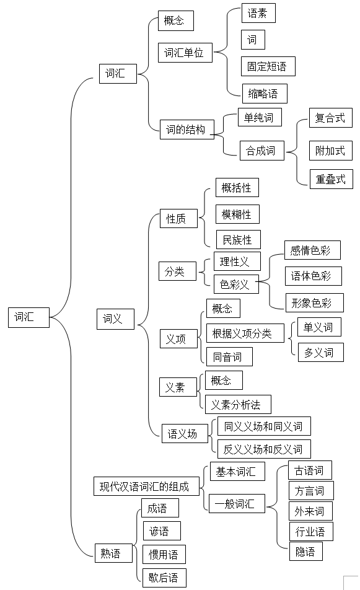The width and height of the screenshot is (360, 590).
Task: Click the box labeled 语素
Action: [x=258, y=13]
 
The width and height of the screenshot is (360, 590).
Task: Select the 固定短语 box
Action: [x=268, y=66]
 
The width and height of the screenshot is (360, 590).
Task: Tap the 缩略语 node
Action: [x=265, y=94]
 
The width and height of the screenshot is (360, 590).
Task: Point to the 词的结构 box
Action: [x=187, y=130]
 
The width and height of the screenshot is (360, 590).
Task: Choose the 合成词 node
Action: [x=262, y=151]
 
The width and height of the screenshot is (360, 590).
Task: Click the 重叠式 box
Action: [x=331, y=179]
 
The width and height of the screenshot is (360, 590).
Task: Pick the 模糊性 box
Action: [x=238, y=214]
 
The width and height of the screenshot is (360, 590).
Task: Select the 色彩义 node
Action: [x=236, y=284]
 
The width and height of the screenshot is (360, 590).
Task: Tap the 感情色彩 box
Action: [x=313, y=250]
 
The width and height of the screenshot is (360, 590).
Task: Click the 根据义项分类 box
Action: [x=245, y=333]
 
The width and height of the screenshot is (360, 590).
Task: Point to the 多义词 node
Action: [x=321, y=352]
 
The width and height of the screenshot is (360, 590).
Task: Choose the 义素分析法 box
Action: [x=238, y=405]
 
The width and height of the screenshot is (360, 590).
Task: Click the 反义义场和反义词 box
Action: [x=265, y=449]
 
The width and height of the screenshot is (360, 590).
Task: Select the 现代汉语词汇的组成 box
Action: [x=146, y=486]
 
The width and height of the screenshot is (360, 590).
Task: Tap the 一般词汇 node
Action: [x=237, y=503]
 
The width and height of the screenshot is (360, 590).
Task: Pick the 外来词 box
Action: [x=310, y=511]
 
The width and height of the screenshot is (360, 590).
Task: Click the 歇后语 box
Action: [x=164, y=578]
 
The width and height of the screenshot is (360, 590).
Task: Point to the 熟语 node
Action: [x=113, y=553]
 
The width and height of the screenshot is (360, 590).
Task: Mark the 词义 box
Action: [x=115, y=319]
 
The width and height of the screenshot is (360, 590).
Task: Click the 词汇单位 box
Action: [x=185, y=52]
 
